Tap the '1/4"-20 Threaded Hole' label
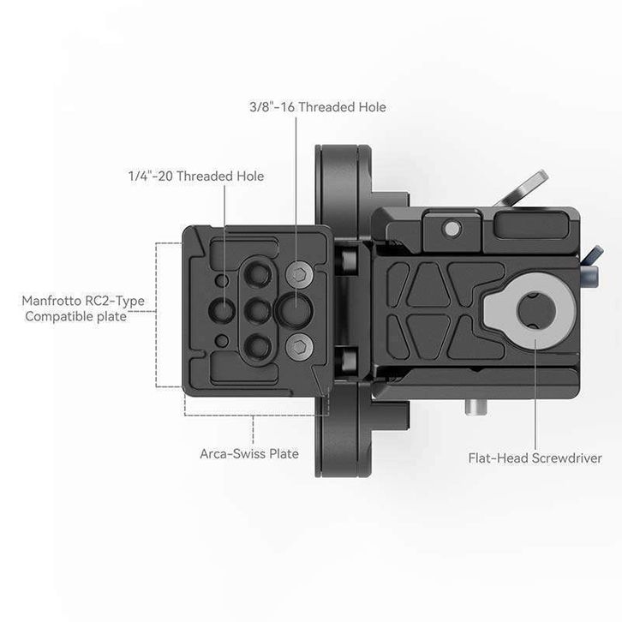pyautogui.click(x=190, y=176)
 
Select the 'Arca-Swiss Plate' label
pyautogui.click(x=248, y=453)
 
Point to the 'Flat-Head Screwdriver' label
pyautogui.click(x=535, y=458)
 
